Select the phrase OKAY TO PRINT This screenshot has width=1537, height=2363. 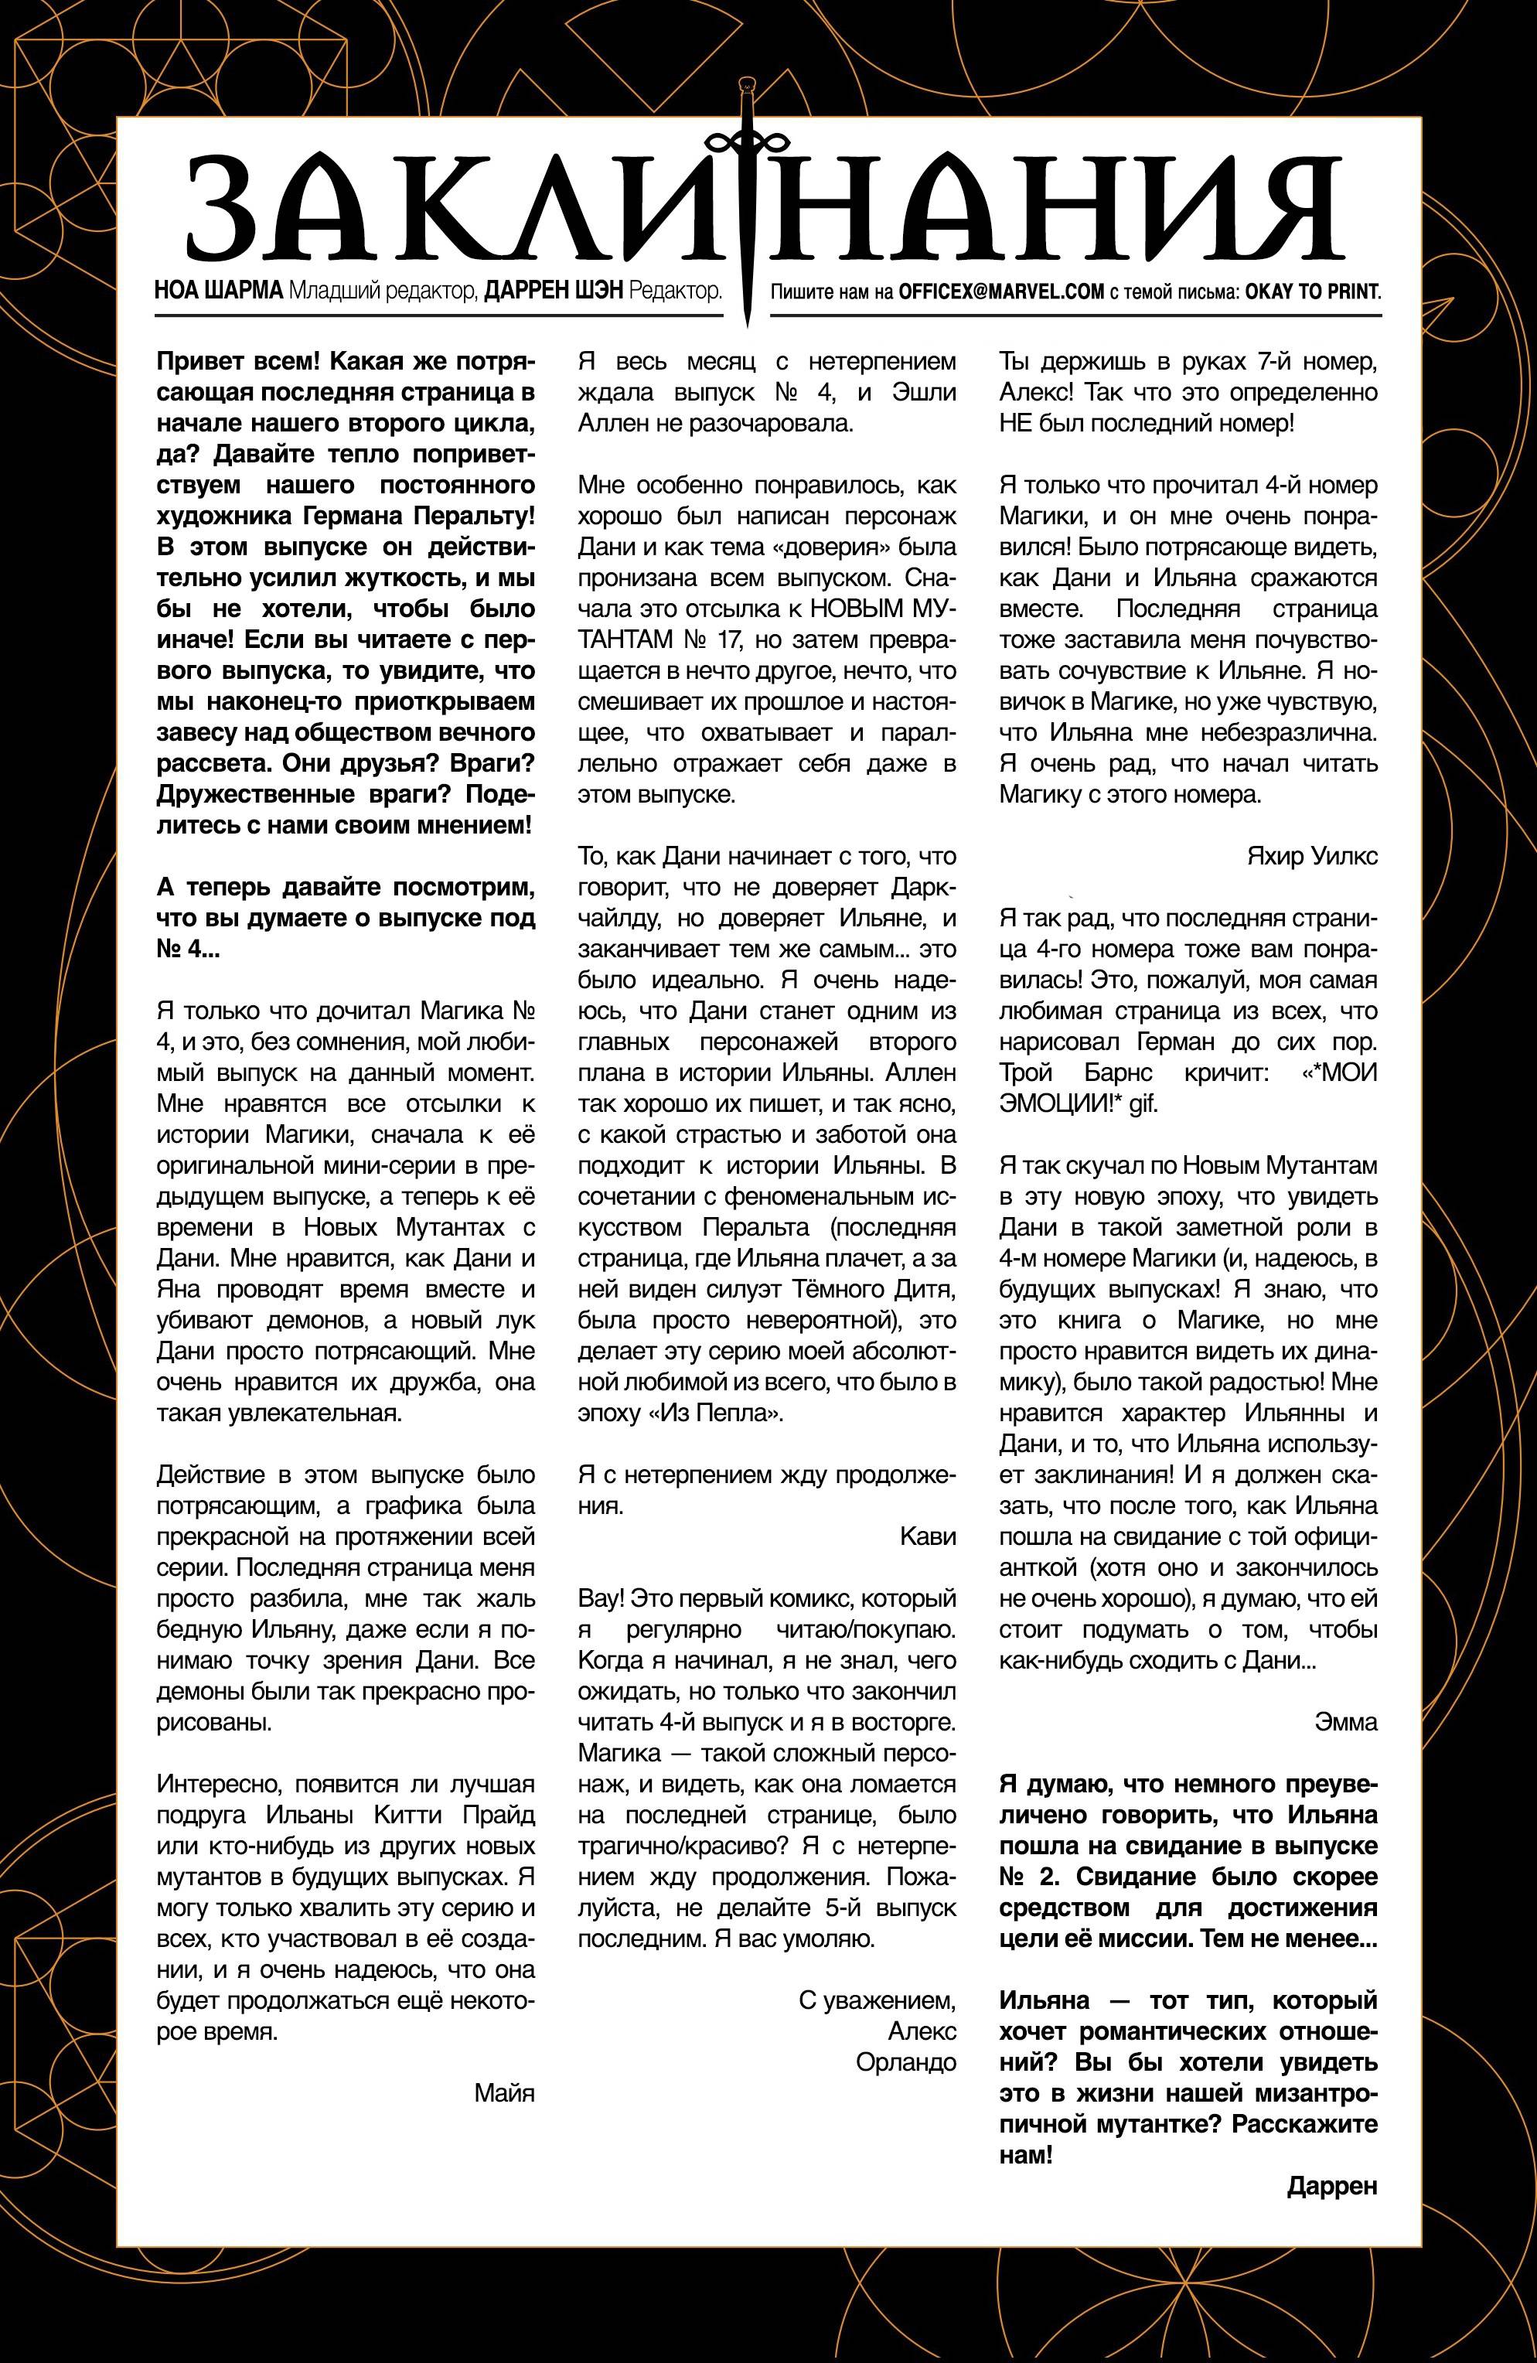tap(1306, 293)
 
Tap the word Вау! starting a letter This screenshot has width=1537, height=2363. tap(604, 1598)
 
